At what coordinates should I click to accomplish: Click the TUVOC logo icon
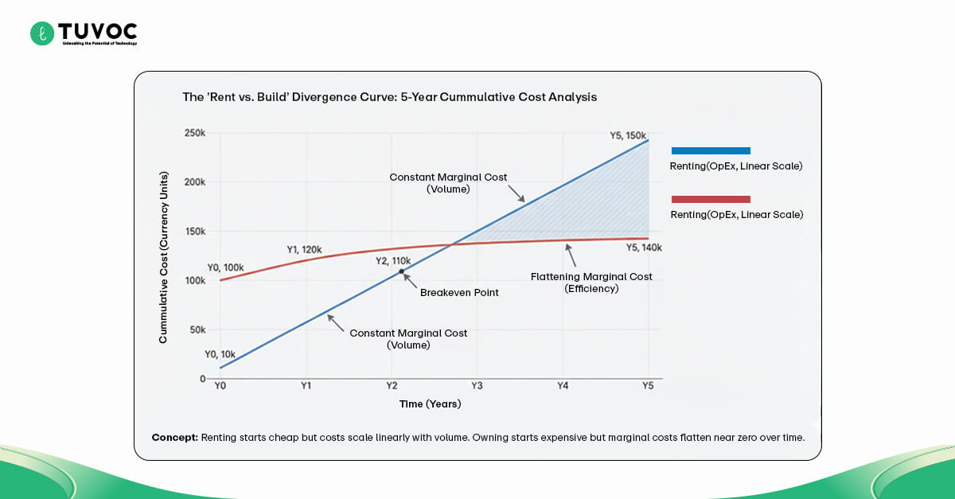[x=41, y=33]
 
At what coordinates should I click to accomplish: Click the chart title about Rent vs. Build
[x=389, y=97]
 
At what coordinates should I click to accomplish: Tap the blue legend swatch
[x=711, y=150]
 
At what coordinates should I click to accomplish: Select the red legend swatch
[x=711, y=199]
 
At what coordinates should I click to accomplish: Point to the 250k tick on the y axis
[x=194, y=133]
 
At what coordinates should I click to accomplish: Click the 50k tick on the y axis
[x=197, y=329]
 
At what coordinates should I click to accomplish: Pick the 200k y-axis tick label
[x=194, y=182]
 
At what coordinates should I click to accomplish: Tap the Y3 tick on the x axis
[x=476, y=386]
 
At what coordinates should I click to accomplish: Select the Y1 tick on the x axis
[x=306, y=386]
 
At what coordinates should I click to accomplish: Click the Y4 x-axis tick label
[x=562, y=386]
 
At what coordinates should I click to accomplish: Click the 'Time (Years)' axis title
[x=430, y=404]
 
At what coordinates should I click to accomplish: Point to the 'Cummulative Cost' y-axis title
[x=163, y=257]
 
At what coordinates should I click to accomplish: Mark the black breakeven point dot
[x=401, y=271]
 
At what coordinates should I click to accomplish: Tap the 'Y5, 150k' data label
[x=622, y=135]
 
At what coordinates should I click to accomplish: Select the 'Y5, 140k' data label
[x=644, y=248]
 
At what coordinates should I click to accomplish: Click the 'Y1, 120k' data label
[x=304, y=250]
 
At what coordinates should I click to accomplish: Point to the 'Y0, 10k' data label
[x=220, y=354]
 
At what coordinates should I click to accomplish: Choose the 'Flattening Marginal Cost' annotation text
[x=591, y=277]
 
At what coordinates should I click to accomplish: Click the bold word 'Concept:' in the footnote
[x=174, y=438]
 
